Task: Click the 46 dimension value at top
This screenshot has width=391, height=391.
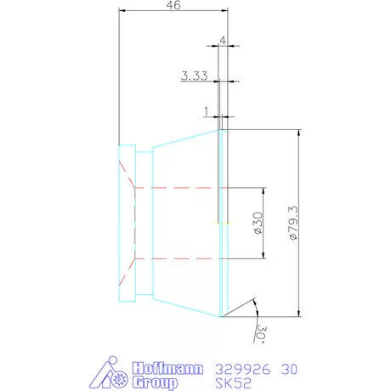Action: point(173,5)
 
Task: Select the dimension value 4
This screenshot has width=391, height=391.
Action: point(223,41)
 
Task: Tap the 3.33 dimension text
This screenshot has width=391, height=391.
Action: point(195,76)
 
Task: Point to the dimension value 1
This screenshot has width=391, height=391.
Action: point(207,111)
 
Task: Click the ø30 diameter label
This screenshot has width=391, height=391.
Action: point(258,224)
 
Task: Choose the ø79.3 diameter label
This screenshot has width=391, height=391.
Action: point(293,224)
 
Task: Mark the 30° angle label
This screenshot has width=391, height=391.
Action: point(262,334)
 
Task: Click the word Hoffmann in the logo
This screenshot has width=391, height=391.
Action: point(167,368)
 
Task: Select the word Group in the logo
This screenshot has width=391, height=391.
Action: point(155,382)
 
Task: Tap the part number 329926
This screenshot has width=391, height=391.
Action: point(243,370)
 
